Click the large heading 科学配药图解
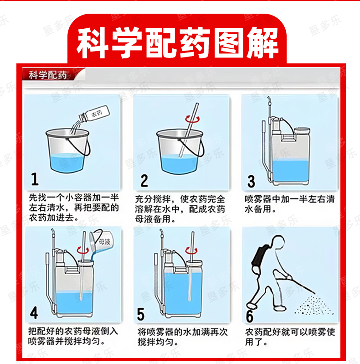(177, 43)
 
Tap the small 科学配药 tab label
(48, 75)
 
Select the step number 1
(35, 179)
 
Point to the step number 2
(144, 181)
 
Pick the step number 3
(251, 181)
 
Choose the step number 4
(34, 313)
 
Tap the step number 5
(140, 314)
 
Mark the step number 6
(250, 316)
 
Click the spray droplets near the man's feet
(313, 305)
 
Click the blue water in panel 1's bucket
(67, 163)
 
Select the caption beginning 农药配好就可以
(290, 337)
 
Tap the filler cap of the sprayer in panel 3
(302, 131)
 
